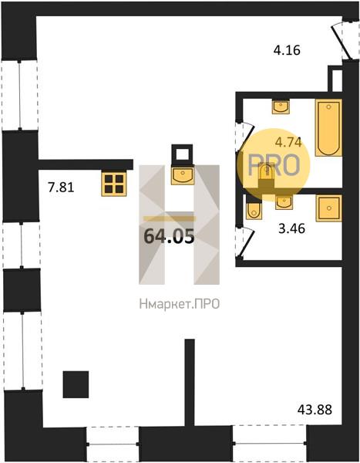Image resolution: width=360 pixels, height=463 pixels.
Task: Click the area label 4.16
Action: click(x=287, y=50)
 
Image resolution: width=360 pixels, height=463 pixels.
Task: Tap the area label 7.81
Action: click(x=61, y=188)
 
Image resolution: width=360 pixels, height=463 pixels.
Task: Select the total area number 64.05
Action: click(x=170, y=236)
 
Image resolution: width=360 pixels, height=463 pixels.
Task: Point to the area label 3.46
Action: click(x=292, y=228)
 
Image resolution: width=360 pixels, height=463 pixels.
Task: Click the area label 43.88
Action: click(x=315, y=410)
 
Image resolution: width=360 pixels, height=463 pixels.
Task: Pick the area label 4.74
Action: click(x=288, y=142)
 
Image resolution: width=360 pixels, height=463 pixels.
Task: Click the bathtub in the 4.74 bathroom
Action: click(x=328, y=127)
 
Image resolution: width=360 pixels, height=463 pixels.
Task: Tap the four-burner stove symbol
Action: click(x=114, y=184)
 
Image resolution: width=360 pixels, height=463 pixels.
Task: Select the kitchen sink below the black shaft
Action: click(x=183, y=176)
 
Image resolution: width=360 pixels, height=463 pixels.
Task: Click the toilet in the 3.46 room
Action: click(x=254, y=211)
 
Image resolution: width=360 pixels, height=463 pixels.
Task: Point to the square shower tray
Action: click(x=329, y=208)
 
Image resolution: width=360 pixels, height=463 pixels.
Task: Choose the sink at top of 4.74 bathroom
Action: click(x=281, y=107)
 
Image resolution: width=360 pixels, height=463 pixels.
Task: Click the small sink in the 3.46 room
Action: click(x=284, y=202)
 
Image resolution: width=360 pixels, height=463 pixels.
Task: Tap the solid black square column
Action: click(x=76, y=384)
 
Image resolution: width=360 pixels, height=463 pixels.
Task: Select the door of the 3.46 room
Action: click(x=245, y=243)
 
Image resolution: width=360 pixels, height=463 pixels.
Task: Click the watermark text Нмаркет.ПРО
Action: click(x=180, y=304)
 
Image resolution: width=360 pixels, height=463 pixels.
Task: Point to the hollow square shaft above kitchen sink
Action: click(x=182, y=155)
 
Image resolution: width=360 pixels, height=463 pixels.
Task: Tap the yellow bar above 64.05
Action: click(x=170, y=219)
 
